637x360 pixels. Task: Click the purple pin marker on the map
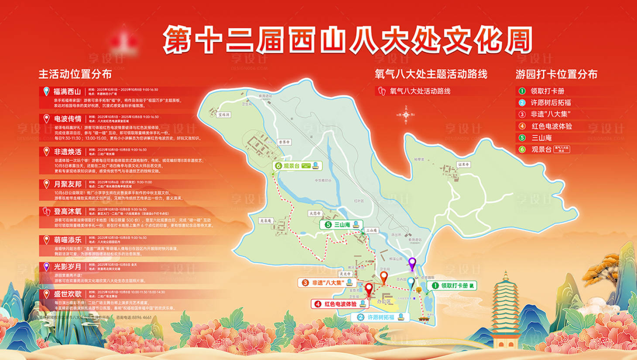tap(412, 263)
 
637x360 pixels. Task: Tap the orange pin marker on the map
tap(384, 276)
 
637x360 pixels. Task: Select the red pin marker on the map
tap(369, 288)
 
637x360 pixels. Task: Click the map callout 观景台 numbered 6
tap(298, 166)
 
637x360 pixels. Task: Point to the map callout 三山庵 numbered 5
tap(341, 225)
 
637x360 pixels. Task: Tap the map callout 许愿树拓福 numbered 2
tap(380, 317)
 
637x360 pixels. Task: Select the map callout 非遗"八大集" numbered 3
tap(327, 282)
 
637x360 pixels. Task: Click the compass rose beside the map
tap(406, 115)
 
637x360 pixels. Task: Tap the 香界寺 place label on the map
tap(284, 142)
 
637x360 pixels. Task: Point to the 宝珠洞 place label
tap(224, 114)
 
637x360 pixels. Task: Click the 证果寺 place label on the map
tap(463, 165)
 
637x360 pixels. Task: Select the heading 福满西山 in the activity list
tap(67, 92)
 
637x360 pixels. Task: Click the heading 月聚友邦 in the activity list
tap(68, 184)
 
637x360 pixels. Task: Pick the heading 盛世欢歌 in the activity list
tap(68, 294)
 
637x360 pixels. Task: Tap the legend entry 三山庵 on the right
tap(541, 137)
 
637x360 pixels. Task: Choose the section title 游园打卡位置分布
tap(556, 74)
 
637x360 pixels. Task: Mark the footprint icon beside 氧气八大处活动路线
tap(382, 91)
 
